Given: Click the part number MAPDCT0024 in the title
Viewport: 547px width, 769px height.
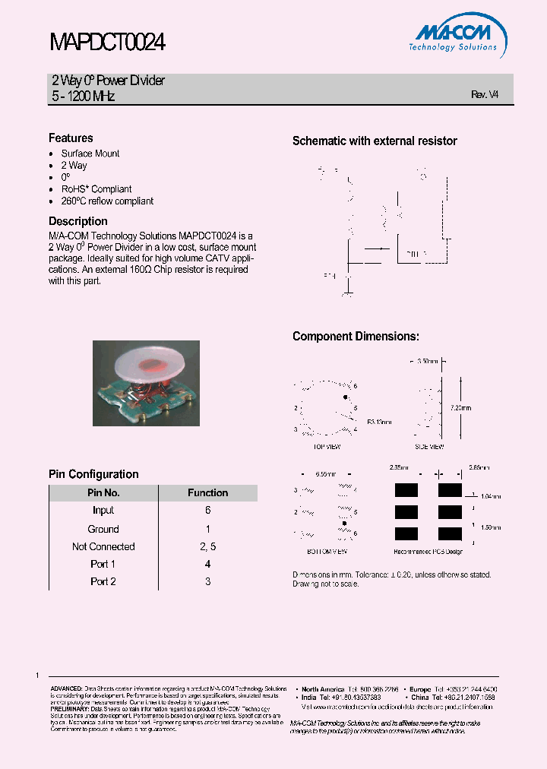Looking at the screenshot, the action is tap(107, 43).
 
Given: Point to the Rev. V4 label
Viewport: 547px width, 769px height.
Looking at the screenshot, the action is tap(485, 95).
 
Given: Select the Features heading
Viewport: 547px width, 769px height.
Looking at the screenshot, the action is tap(71, 138).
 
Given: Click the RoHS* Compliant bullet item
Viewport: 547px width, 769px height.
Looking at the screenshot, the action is tap(96, 189).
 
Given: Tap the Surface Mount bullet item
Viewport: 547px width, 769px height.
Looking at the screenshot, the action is tap(90, 153).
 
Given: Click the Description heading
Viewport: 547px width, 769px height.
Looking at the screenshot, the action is tap(78, 222).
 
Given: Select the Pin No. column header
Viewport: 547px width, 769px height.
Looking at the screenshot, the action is tap(103, 492).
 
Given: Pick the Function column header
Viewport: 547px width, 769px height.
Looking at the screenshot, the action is tap(207, 492).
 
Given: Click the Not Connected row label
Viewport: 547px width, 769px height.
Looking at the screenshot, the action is tap(103, 546).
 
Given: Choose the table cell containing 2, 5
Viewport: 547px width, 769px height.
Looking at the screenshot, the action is tap(207, 546).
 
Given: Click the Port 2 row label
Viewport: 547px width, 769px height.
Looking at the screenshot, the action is tap(103, 581).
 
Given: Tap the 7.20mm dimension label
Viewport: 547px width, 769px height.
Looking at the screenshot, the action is tap(460, 407).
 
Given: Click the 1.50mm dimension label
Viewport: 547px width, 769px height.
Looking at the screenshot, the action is tap(491, 526).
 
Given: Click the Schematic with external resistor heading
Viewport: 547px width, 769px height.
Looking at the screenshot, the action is tap(375, 141).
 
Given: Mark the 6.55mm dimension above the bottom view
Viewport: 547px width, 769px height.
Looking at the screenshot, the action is tap(325, 473).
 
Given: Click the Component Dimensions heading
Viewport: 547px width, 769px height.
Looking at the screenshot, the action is tap(356, 337).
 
